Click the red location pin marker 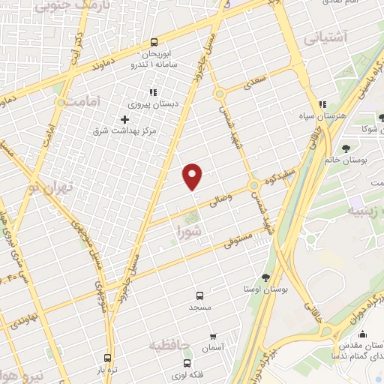pos(193,175)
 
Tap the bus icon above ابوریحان pos(154,43)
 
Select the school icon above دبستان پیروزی pos(153,92)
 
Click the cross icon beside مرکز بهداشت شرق pos(124,119)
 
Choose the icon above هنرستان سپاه pos(322,105)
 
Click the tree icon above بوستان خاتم pos(346,148)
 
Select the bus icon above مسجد pos(199,295)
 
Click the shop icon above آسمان pos(214,337)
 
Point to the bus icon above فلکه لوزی pos(199,365)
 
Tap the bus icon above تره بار pos(109,358)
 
